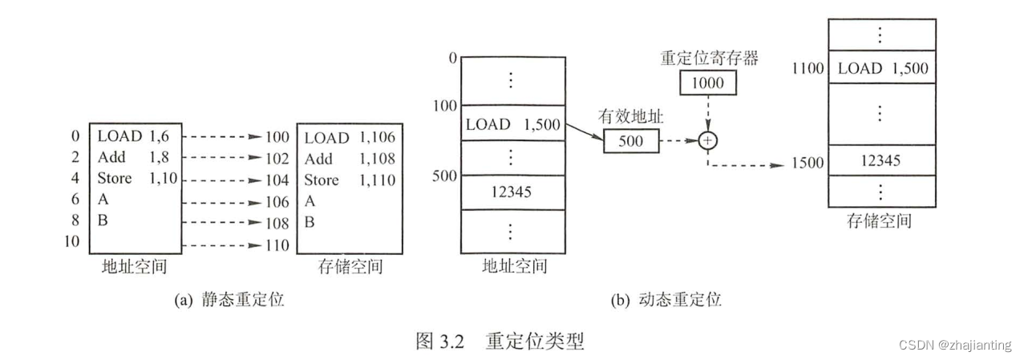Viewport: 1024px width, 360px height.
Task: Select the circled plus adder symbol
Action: (707, 140)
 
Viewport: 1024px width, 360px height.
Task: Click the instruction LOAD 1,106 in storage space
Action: (350, 138)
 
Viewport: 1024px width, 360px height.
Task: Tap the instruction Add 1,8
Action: (132, 158)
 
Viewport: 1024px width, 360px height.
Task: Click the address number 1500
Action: (807, 163)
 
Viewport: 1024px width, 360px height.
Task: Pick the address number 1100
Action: (807, 68)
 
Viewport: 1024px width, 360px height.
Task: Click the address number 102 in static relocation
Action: (277, 159)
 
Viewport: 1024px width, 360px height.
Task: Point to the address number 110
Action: (277, 245)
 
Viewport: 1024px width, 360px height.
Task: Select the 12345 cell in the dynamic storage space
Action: (879, 161)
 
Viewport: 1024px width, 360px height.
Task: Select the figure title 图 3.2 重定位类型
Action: (500, 341)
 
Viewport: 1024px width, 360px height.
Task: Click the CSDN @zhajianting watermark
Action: (955, 345)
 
